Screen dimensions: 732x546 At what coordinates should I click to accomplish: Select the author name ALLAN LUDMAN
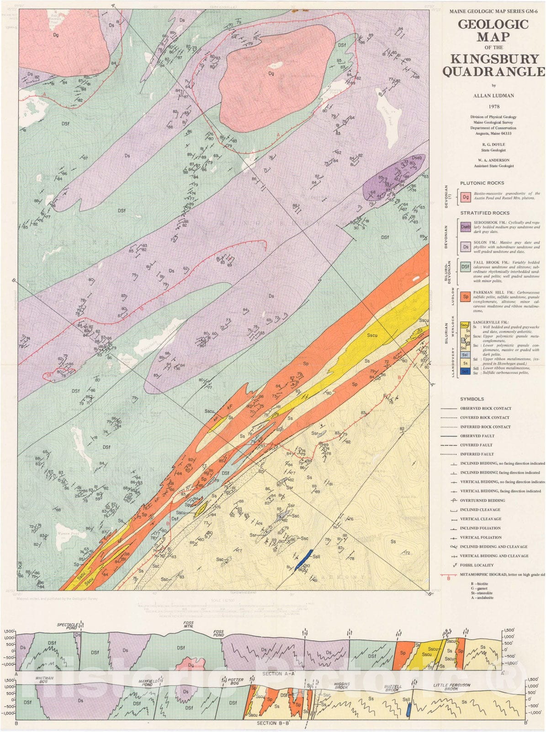click(x=493, y=96)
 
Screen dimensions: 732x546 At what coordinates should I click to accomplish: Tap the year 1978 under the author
click(x=493, y=107)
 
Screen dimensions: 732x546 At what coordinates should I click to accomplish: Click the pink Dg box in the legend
click(x=465, y=197)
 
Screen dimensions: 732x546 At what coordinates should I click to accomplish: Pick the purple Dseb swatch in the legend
click(x=465, y=226)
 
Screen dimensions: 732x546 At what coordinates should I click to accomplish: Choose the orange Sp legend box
click(x=465, y=296)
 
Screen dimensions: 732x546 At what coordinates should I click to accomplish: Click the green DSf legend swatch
click(x=465, y=266)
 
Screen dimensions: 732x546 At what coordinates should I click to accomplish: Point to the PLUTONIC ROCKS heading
click(x=482, y=183)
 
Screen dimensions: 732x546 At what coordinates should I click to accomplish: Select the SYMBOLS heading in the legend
click(x=472, y=399)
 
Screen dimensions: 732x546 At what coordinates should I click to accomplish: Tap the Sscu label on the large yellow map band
click(x=372, y=335)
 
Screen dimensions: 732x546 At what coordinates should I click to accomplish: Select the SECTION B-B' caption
click(x=273, y=723)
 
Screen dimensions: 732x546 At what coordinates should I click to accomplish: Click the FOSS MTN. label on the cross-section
click(x=188, y=625)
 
